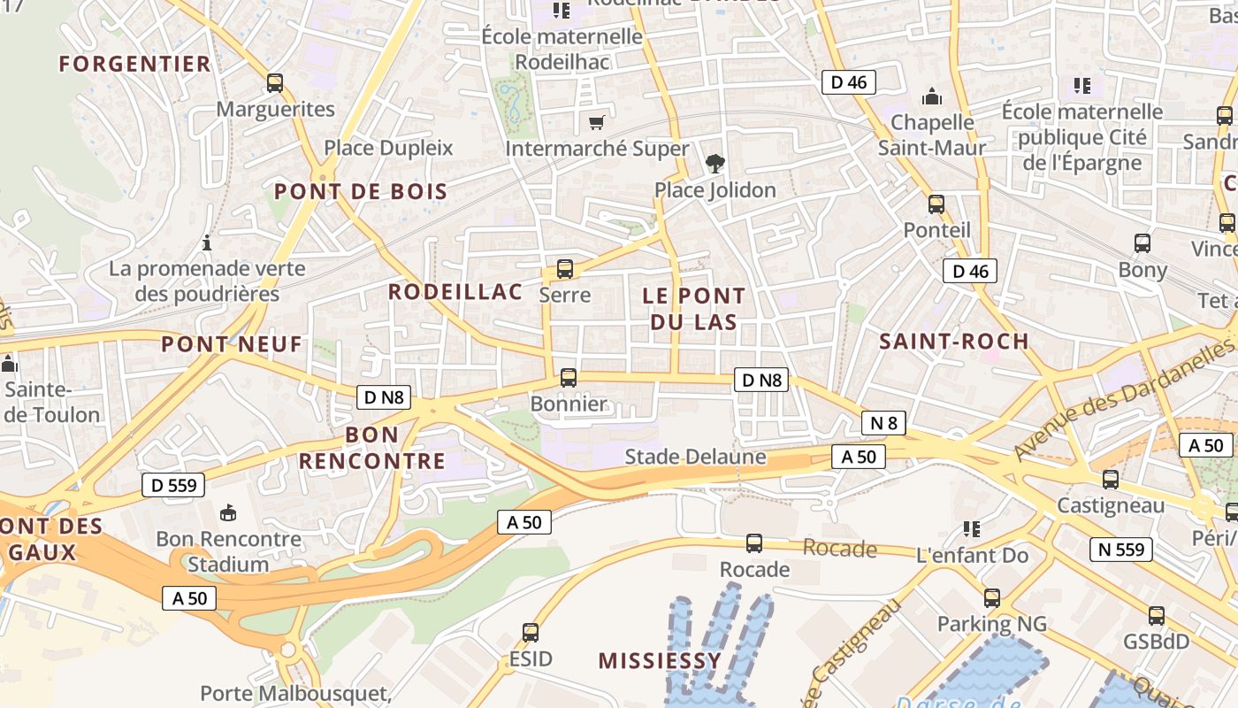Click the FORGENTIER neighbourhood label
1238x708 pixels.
(134, 64)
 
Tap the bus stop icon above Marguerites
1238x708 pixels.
(275, 83)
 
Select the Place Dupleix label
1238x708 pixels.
(388, 148)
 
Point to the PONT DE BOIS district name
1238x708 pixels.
(360, 191)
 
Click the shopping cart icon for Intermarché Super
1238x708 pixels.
(597, 122)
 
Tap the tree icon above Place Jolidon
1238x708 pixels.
(715, 163)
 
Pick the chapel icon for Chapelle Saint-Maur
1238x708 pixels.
(931, 96)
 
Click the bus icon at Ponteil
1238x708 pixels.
(936, 204)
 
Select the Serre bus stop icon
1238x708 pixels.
(565, 269)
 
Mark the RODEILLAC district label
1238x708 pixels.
(455, 292)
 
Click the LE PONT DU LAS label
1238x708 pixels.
(693, 309)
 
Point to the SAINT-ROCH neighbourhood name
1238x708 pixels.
(954, 341)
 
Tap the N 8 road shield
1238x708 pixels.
(883, 423)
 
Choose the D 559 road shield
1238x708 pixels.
(173, 485)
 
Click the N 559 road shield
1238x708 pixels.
(1120, 550)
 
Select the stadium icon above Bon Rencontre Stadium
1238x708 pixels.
(228, 512)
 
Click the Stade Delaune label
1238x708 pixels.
(695, 457)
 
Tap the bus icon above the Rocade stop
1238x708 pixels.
(754, 543)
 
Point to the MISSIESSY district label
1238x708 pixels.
(660, 660)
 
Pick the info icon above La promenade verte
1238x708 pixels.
(207, 242)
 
